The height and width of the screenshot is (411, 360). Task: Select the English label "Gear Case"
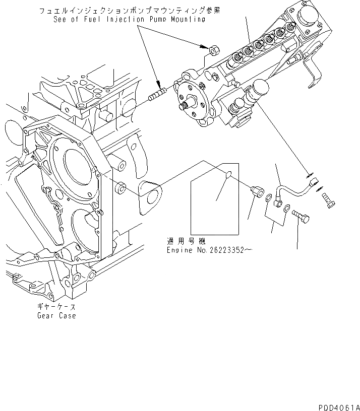(x=56, y=316)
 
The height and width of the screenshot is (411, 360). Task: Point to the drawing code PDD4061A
(x=339, y=406)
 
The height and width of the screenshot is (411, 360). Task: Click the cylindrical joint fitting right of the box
(x=257, y=191)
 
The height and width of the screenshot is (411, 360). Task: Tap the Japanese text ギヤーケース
(x=56, y=306)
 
